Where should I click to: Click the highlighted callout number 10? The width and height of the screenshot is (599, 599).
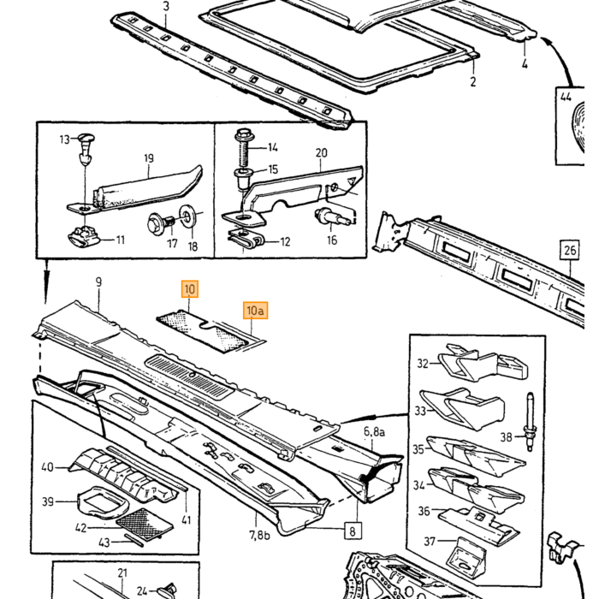coord(190,289)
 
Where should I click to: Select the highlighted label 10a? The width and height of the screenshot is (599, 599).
coord(256,310)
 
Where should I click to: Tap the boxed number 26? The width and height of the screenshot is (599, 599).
coord(570,250)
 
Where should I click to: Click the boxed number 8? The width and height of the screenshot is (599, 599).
coord(353,531)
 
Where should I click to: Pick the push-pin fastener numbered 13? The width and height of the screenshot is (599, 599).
coord(86,148)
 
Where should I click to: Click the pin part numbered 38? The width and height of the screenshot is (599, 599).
coord(530,421)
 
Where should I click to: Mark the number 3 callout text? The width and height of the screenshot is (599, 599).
coord(166,7)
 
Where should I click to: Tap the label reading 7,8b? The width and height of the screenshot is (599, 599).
coord(259,535)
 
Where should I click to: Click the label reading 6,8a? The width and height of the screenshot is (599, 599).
coord(374,431)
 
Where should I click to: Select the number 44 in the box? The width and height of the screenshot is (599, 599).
coord(566,97)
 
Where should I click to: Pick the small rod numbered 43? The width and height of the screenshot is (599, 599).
coord(134,540)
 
